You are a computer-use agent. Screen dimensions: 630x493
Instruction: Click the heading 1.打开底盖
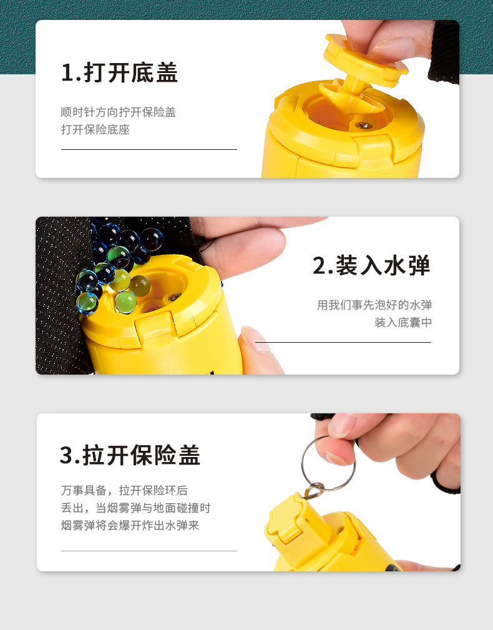pyautogui.click(x=120, y=73)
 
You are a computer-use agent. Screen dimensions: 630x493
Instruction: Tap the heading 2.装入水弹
pyautogui.click(x=372, y=265)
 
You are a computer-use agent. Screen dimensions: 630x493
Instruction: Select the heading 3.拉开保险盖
pyautogui.click(x=130, y=455)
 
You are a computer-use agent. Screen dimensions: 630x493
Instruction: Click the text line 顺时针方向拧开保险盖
pyautogui.click(x=118, y=112)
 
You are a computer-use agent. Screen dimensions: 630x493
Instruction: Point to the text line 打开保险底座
pyautogui.click(x=95, y=130)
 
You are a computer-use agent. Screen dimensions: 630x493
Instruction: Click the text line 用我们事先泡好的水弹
pyautogui.click(x=374, y=305)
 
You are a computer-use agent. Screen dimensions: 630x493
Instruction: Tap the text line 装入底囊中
pyautogui.click(x=403, y=323)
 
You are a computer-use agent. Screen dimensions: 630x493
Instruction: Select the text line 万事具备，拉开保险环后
pyautogui.click(x=124, y=490)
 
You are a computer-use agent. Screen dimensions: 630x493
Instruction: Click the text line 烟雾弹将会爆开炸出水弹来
pyautogui.click(x=130, y=525)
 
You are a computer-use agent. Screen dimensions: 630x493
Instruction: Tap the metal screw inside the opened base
pyautogui.click(x=361, y=126)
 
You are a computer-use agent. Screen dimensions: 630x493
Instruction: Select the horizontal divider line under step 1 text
pyautogui.click(x=149, y=150)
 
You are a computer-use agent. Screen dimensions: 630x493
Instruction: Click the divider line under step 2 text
pyautogui.click(x=343, y=343)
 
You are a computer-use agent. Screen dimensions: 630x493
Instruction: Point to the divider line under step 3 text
pyautogui.click(x=149, y=551)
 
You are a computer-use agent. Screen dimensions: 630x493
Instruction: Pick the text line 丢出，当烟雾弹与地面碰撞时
pyautogui.click(x=135, y=508)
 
